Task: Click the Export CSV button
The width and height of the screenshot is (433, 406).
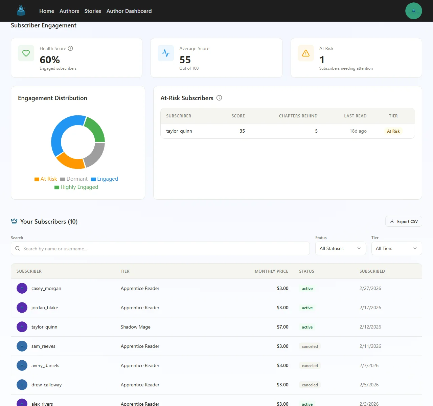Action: click(404, 222)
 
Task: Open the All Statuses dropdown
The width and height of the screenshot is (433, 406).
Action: click(340, 248)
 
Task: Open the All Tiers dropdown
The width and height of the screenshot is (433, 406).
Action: click(396, 248)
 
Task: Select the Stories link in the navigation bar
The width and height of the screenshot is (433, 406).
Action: click(93, 11)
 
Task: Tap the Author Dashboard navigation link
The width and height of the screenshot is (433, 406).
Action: click(129, 11)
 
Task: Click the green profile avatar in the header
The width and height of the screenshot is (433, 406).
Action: click(413, 11)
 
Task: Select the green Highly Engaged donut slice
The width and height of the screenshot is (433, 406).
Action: click(95, 129)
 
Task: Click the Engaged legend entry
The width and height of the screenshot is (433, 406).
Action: click(105, 179)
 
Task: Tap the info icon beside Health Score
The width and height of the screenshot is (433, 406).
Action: click(70, 48)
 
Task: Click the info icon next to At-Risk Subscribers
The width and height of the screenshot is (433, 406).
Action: click(219, 98)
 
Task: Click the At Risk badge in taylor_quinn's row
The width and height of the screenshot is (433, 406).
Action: click(393, 131)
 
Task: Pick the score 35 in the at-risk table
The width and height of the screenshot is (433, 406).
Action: click(242, 131)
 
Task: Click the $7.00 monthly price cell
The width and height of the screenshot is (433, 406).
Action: click(282, 327)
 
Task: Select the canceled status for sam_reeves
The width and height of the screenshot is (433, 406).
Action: click(310, 346)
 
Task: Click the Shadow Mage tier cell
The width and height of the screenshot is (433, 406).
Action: click(135, 327)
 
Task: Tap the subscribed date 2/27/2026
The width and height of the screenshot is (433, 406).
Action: click(370, 288)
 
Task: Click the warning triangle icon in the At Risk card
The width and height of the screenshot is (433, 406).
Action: click(305, 53)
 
